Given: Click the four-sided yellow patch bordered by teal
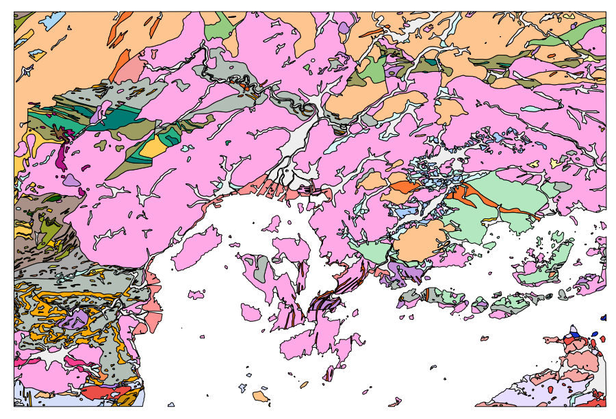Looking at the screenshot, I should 155,146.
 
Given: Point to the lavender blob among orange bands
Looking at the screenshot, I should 76,319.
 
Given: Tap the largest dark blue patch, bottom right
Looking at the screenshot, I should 574,334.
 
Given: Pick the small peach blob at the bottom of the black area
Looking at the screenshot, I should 259,396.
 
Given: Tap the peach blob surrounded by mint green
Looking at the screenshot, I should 419,241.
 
